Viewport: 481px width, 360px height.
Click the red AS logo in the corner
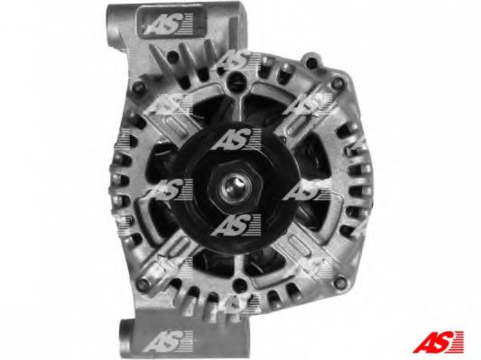(x=438, y=342)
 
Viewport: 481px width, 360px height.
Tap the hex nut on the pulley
(x=236, y=186)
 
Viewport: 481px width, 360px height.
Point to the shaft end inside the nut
(x=236, y=187)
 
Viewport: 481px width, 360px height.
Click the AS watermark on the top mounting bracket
(x=168, y=23)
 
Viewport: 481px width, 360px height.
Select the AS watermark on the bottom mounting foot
(x=168, y=340)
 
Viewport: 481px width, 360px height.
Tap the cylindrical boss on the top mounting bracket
(x=114, y=23)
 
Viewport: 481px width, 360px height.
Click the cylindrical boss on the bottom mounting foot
(x=126, y=336)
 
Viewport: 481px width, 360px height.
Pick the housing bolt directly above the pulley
(x=236, y=80)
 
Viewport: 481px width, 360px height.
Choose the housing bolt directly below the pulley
(x=240, y=285)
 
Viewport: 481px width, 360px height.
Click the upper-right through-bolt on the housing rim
(x=338, y=82)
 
